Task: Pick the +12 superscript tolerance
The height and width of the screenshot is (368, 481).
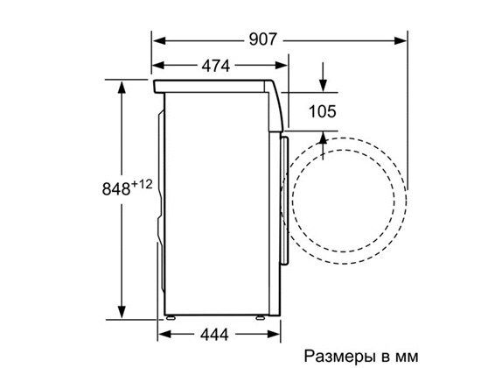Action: (144, 182)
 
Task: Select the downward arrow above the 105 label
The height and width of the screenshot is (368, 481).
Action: (324, 85)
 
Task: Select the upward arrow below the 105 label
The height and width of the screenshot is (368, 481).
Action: (324, 138)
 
